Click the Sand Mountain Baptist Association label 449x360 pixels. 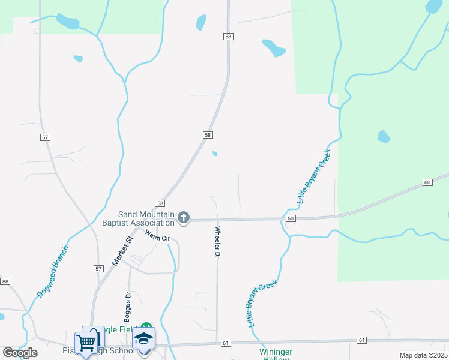(x=146, y=219)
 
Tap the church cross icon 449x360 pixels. (x=184, y=218)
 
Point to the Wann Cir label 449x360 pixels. (x=158, y=236)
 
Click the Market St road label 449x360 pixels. (x=122, y=251)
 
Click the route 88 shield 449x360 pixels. (x=5, y=281)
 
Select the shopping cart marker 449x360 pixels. (x=86, y=342)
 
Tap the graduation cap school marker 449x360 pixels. (x=144, y=338)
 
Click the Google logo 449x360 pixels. (x=20, y=353)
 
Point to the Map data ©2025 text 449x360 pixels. (x=423, y=355)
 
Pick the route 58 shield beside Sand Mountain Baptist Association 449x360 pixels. (x=160, y=203)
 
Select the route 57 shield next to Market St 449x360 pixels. (x=98, y=269)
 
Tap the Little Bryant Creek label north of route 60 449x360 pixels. (x=315, y=176)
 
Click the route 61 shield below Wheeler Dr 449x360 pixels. (x=226, y=343)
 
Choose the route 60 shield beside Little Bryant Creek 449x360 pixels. (x=291, y=218)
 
